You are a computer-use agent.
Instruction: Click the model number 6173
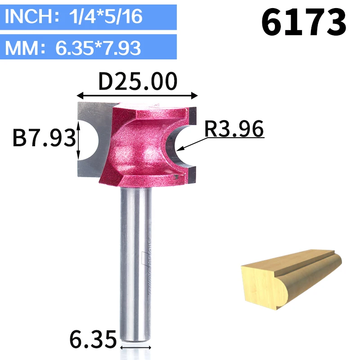(303, 22)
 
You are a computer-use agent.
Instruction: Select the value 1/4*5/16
(106, 17)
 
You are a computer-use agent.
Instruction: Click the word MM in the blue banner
(22, 48)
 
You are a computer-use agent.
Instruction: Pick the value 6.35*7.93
(98, 48)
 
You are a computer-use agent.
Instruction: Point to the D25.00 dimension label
(138, 81)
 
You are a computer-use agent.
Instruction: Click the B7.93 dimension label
(44, 138)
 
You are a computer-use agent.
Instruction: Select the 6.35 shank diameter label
(93, 339)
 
